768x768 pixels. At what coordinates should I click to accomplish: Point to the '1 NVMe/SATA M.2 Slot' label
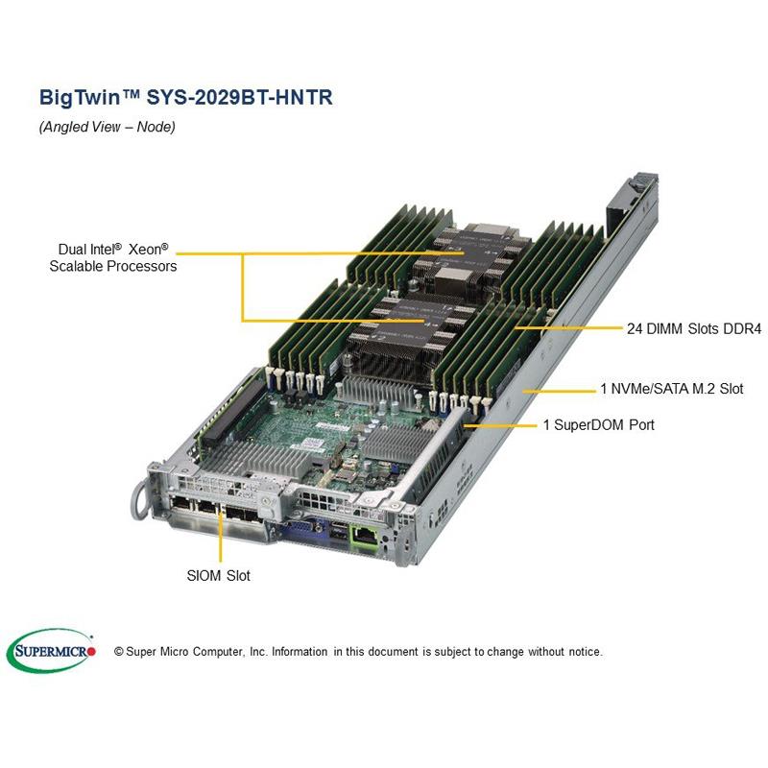[x=671, y=389]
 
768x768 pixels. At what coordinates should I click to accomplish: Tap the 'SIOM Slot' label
[x=220, y=576]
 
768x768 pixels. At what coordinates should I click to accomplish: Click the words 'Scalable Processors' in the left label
[x=113, y=266]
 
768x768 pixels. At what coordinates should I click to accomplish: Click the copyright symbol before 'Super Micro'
[x=118, y=652]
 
